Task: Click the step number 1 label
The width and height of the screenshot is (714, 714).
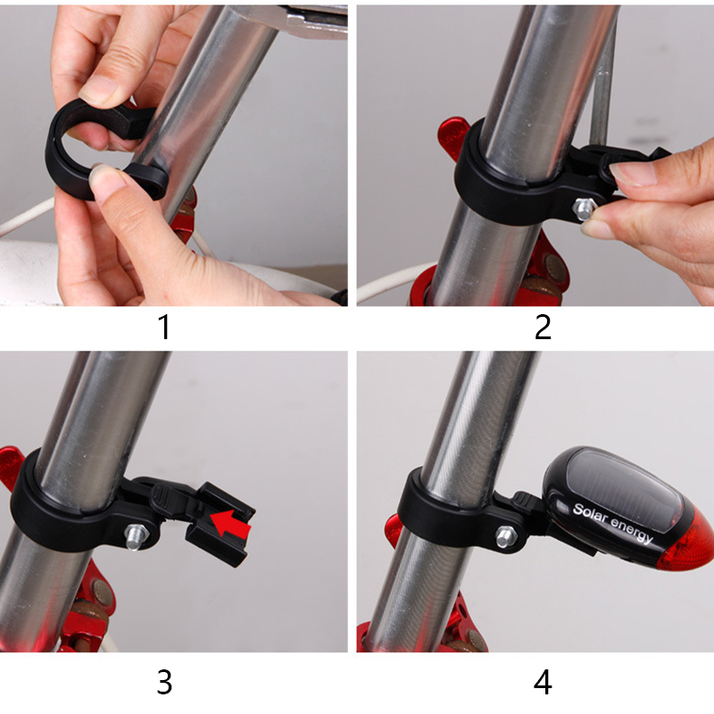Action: tap(165, 327)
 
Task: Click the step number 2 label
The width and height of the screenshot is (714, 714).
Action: tap(543, 327)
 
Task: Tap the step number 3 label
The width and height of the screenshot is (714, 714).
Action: tap(164, 682)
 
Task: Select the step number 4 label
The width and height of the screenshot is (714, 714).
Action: tap(543, 682)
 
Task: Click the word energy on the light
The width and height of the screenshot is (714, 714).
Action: tap(632, 529)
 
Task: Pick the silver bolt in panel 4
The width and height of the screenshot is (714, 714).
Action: tap(506, 536)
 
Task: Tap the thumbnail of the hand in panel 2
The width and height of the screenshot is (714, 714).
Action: tap(633, 173)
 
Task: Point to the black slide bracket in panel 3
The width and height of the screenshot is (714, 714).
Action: tap(220, 524)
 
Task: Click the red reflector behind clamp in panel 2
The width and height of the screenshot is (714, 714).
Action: tap(453, 136)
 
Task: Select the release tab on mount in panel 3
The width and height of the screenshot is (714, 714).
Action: tap(164, 496)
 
